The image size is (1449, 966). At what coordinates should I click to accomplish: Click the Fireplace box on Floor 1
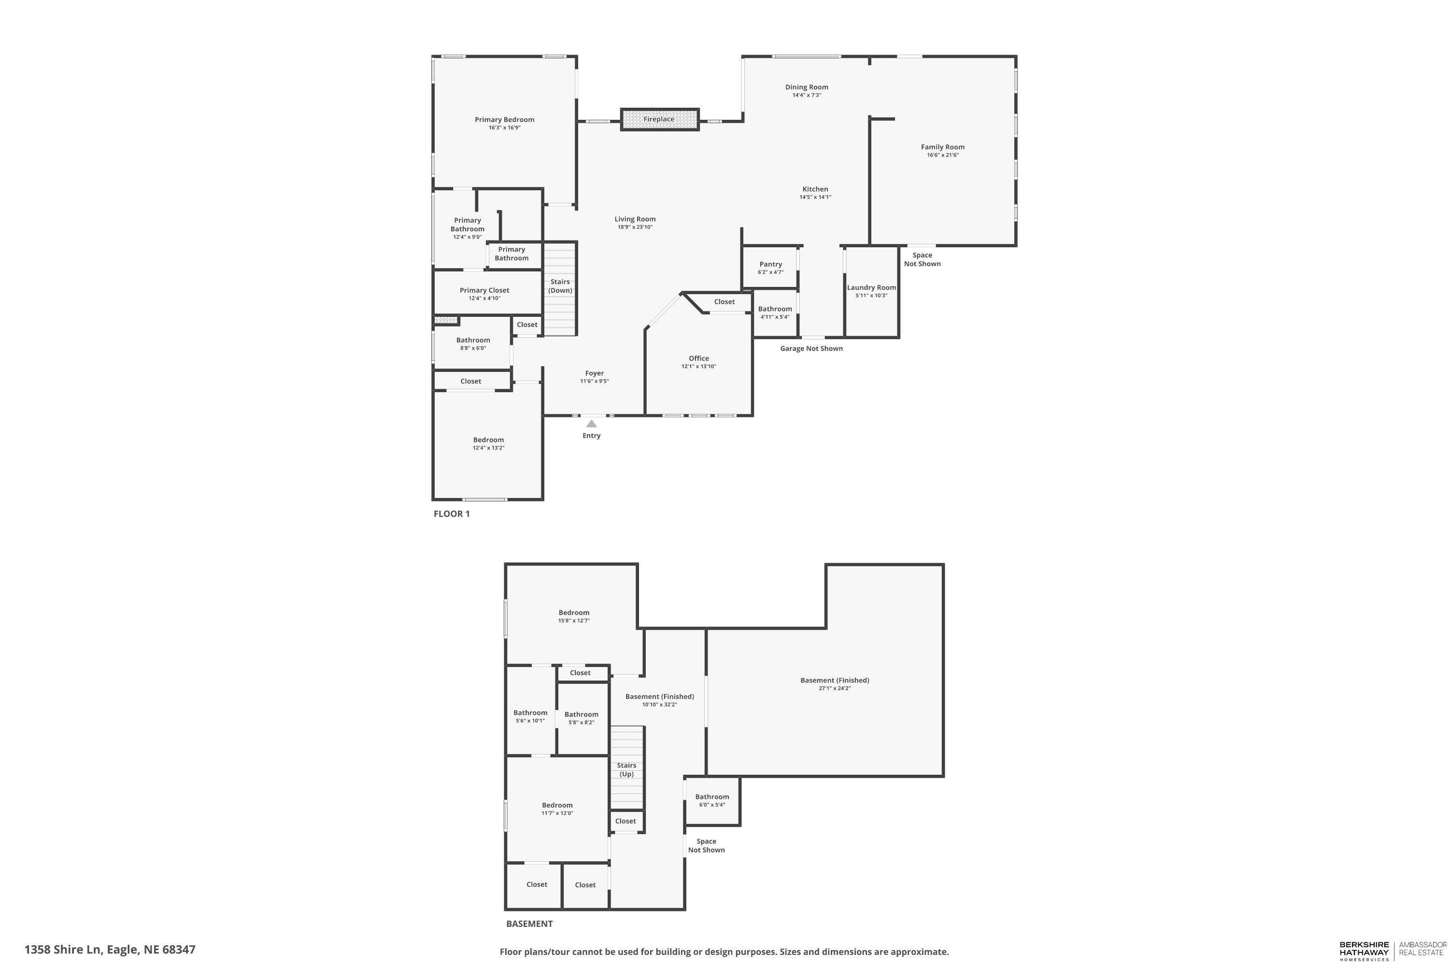click(x=659, y=119)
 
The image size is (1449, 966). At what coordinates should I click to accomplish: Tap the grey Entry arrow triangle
click(x=591, y=424)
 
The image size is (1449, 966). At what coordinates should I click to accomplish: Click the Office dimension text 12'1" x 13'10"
click(x=698, y=367)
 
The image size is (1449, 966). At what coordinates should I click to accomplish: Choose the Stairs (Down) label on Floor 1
click(x=560, y=286)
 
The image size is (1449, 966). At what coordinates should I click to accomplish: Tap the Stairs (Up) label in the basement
click(x=626, y=769)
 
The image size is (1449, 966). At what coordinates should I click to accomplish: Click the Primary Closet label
click(x=484, y=290)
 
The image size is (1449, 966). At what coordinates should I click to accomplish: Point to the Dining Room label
click(x=807, y=87)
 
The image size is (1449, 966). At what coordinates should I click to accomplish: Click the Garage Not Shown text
click(x=811, y=349)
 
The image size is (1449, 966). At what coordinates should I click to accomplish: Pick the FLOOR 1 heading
click(x=452, y=514)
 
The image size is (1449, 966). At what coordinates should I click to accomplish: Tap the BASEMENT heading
click(x=529, y=923)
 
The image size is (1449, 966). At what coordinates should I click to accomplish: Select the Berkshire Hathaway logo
click(x=1364, y=950)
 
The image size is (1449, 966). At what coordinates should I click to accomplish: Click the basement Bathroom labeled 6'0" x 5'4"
click(x=712, y=800)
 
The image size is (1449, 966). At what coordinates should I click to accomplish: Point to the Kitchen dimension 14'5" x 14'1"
click(x=815, y=197)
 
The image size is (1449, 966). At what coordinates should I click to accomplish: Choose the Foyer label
click(x=595, y=373)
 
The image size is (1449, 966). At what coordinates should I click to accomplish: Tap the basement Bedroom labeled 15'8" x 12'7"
click(x=574, y=616)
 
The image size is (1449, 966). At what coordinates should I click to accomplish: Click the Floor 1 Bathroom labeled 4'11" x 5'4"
click(x=775, y=313)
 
